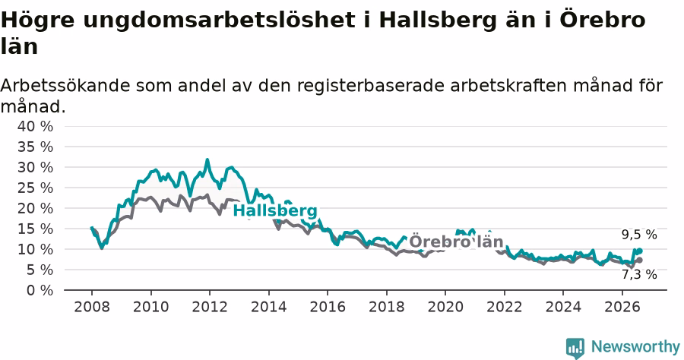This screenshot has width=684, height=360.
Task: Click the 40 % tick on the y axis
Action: (x=35, y=126)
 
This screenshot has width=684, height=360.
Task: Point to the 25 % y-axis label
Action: (x=35, y=188)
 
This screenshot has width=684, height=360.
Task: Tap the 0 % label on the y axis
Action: (x=40, y=290)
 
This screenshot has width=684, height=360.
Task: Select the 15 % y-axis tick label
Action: (x=35, y=229)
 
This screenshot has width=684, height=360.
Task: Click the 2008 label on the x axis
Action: (x=92, y=307)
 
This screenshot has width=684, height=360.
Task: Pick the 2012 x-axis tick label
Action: (x=210, y=307)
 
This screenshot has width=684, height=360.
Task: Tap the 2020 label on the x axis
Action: (x=445, y=307)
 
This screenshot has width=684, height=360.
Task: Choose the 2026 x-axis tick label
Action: (x=622, y=307)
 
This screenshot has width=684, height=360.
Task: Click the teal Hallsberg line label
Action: (x=275, y=211)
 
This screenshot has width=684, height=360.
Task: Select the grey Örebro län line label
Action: (x=456, y=242)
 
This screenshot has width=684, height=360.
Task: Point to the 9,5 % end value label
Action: (x=639, y=235)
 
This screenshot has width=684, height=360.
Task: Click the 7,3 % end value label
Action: (x=639, y=275)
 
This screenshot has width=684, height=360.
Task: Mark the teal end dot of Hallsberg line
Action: (x=640, y=251)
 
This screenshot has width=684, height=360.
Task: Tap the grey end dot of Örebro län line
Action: (x=640, y=261)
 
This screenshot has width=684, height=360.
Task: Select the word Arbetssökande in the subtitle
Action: (x=65, y=85)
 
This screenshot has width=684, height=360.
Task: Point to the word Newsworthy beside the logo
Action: (x=635, y=347)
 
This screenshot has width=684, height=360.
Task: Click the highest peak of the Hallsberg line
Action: (x=207, y=160)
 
